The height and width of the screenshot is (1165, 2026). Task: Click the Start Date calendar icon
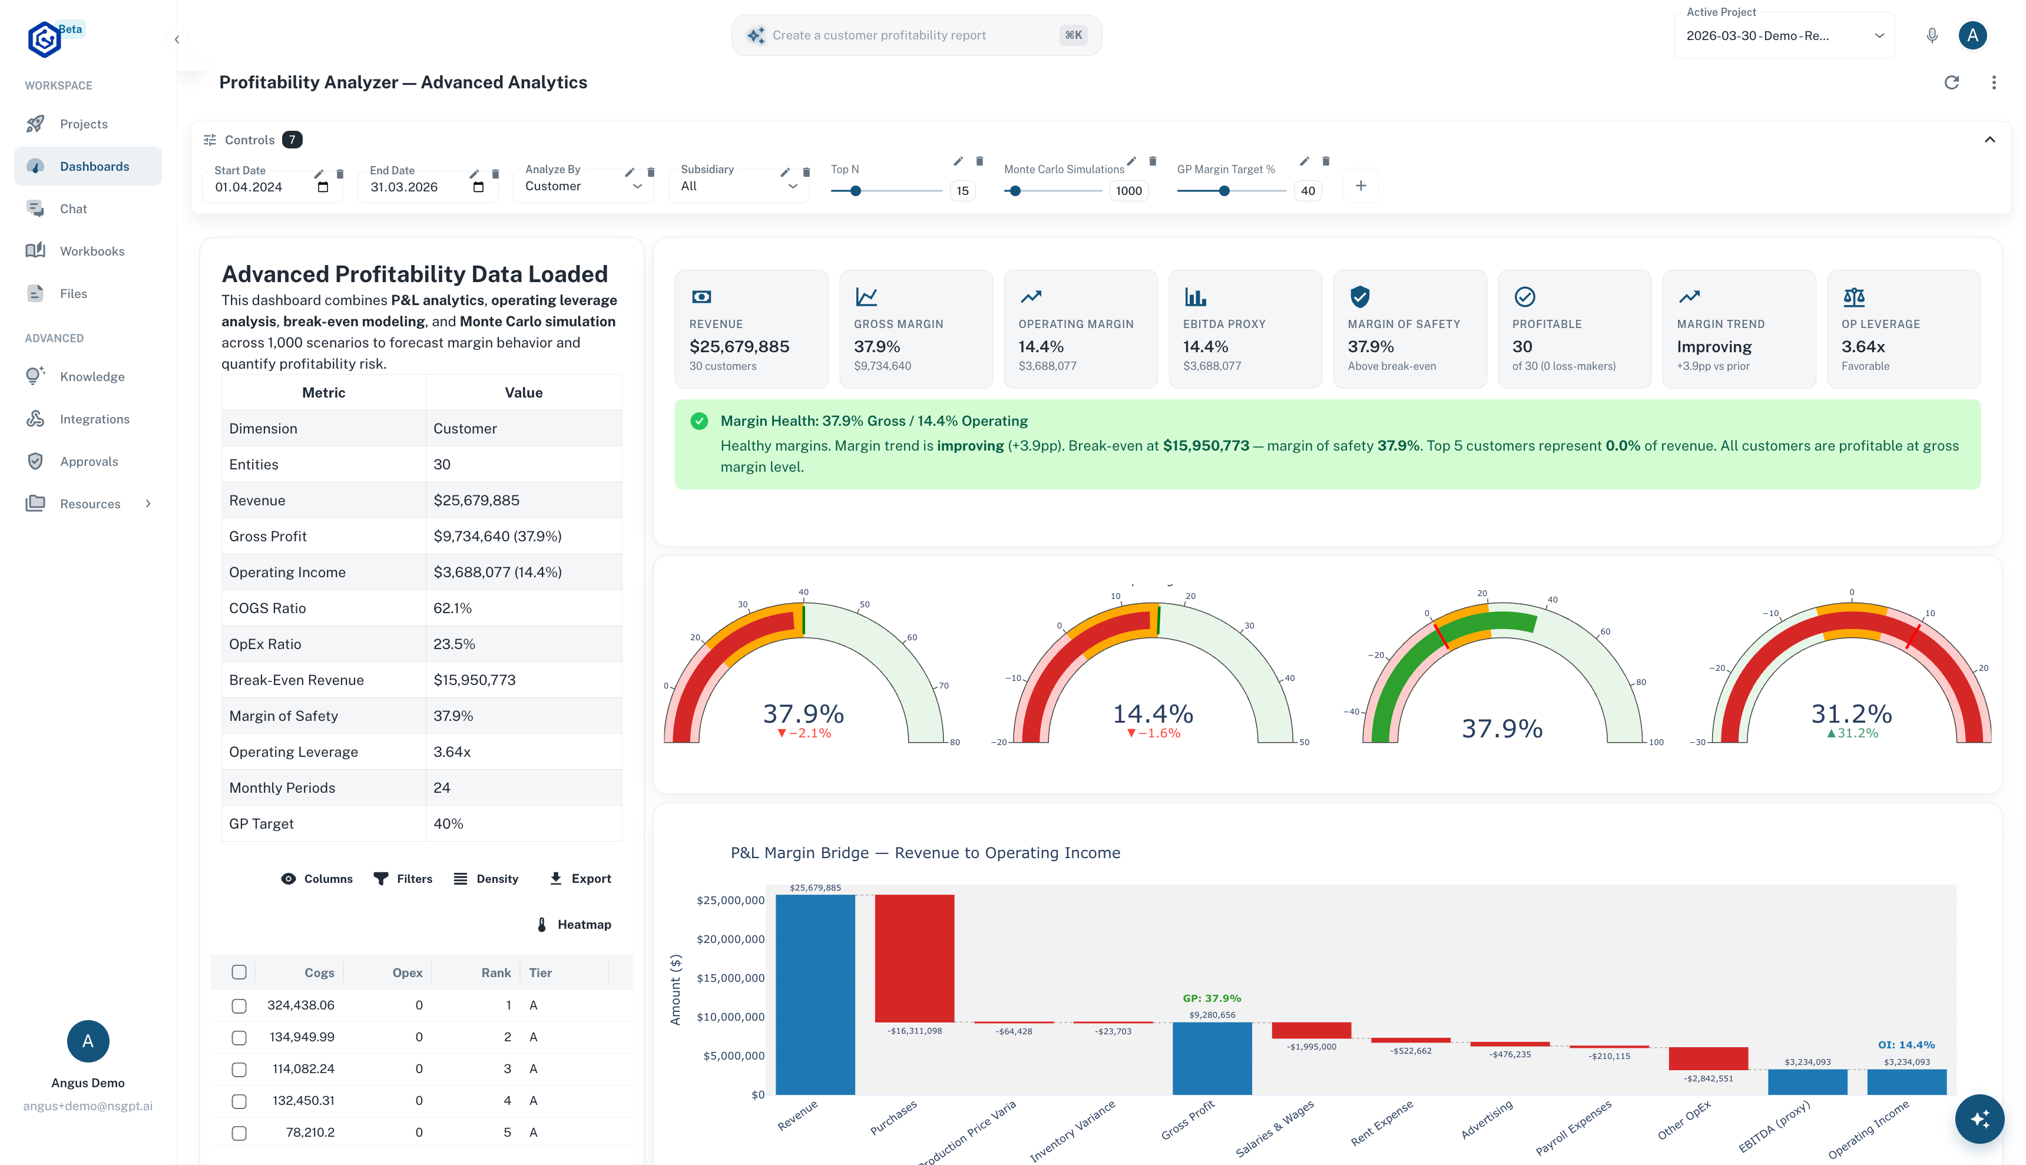[323, 187]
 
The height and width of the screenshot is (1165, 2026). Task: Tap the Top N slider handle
[855, 191]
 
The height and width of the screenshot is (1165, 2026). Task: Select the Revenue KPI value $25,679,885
[739, 346]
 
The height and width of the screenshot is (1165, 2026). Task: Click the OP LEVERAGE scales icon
[1853, 297]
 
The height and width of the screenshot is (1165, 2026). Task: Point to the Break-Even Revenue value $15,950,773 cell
[474, 680]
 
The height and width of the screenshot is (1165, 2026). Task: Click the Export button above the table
[580, 879]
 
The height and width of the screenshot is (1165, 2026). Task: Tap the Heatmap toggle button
[574, 924]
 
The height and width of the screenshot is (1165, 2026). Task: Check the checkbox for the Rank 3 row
[239, 1069]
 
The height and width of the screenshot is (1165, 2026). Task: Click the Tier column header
[541, 973]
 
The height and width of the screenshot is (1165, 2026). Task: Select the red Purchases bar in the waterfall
[913, 958]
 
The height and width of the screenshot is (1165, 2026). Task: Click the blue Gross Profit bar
[1211, 1058]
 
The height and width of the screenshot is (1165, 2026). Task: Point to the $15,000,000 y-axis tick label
[730, 978]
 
